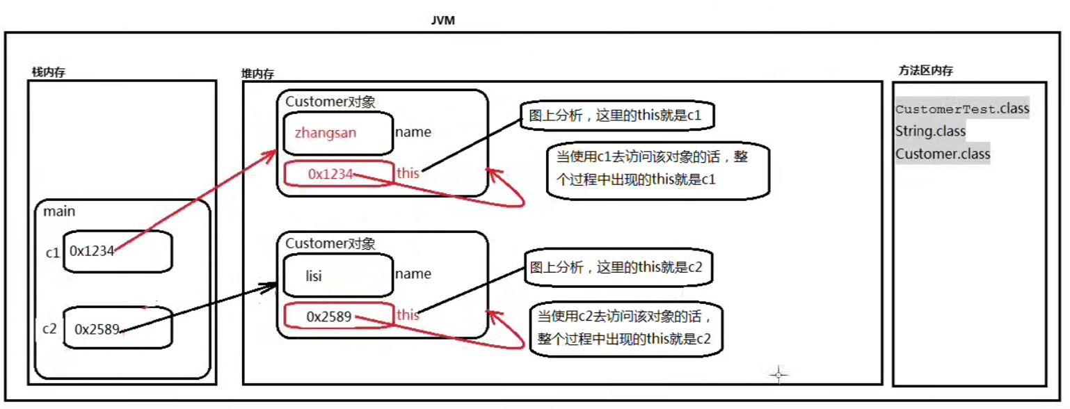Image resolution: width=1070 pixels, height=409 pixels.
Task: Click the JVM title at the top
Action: (442, 22)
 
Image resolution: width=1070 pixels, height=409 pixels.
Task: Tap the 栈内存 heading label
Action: (49, 72)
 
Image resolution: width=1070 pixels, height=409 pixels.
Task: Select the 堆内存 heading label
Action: (257, 73)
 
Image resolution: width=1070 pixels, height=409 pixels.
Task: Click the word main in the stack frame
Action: (58, 211)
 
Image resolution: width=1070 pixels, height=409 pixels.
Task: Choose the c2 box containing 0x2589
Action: (118, 328)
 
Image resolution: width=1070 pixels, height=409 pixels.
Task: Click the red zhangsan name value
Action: (326, 132)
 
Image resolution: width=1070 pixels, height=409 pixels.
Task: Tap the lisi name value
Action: (314, 276)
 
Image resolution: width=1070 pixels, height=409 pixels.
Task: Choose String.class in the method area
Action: (930, 131)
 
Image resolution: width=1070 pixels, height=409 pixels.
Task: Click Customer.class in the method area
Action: (942, 154)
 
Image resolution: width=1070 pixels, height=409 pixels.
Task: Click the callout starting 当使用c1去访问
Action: (657, 168)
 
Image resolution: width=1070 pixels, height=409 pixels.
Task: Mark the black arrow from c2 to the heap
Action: (195, 307)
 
